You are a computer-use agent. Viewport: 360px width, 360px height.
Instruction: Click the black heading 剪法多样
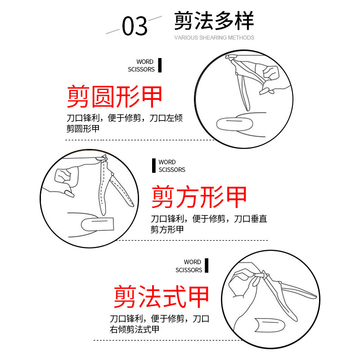point(214,21)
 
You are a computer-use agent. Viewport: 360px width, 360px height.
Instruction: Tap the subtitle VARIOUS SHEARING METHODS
point(214,38)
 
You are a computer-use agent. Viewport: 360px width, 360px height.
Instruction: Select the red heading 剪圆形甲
point(115,96)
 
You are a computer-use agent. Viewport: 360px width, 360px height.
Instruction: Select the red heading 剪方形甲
point(199,197)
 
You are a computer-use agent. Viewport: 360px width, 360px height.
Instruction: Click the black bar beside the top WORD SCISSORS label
point(159,65)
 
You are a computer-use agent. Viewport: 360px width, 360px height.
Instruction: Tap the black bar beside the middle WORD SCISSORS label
point(154,166)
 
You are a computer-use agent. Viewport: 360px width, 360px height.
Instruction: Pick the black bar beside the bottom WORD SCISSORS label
point(207,265)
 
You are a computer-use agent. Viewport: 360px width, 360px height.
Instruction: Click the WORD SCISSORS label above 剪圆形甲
point(141,65)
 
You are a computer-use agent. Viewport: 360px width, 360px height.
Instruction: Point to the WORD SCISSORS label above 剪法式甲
point(189,266)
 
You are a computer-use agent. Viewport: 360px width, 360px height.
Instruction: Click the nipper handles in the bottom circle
point(297,290)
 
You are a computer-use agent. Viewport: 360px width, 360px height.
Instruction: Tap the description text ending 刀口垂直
point(209,219)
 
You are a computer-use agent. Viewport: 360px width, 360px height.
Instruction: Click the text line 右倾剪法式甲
point(135,329)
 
